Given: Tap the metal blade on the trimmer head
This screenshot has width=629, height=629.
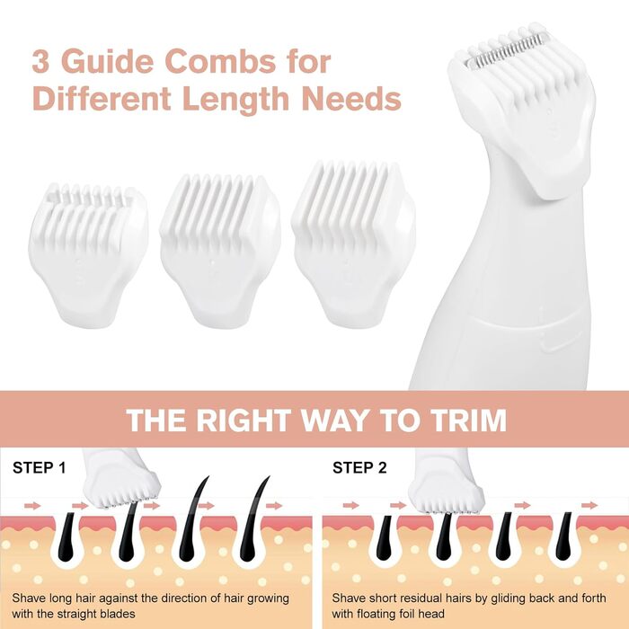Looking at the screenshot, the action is click(x=508, y=49).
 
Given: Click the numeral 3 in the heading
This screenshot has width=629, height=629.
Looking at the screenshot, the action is click(x=40, y=61).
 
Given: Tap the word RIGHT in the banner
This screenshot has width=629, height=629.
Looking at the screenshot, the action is click(x=244, y=420).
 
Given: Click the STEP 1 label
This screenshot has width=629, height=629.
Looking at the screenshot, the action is click(x=39, y=468).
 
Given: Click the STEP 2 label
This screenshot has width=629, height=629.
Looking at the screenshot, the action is click(x=359, y=468).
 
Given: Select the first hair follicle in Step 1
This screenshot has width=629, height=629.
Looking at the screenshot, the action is click(x=67, y=536).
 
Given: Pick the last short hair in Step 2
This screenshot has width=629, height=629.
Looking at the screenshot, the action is click(x=563, y=536).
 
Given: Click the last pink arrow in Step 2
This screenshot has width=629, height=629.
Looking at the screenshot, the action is click(x=589, y=505).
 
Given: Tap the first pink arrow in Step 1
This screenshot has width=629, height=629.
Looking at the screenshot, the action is click(x=32, y=506).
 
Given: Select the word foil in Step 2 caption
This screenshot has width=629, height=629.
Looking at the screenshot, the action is click(x=405, y=614).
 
